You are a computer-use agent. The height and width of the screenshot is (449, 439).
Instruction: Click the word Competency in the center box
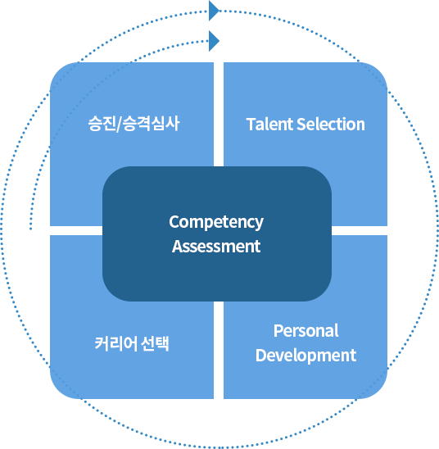coord(216,222)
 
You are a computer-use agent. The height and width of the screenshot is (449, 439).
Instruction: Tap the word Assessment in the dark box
coord(216,247)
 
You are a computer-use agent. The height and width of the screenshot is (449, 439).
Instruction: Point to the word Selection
coord(331,125)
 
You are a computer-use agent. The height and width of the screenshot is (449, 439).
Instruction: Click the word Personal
coord(306,331)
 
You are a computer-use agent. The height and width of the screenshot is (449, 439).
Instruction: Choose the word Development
coord(306,356)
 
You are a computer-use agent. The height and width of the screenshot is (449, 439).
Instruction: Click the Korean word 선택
coord(155,343)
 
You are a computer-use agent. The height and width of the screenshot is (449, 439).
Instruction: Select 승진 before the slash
coord(102,124)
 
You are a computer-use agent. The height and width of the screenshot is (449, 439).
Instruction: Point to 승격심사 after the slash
coord(151,124)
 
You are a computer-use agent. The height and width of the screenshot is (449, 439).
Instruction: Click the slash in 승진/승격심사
coord(119,125)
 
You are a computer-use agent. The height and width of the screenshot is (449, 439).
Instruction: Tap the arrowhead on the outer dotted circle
coord(214,11)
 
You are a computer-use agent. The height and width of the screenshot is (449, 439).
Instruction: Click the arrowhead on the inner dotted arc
coord(214,41)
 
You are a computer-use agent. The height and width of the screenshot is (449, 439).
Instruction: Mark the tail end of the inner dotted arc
coord(30,229)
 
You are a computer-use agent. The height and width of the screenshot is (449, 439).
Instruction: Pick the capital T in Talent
coord(251,125)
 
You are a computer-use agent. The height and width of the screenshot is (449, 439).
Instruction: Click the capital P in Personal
coord(278,331)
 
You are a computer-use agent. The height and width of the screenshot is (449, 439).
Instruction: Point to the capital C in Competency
coord(174,222)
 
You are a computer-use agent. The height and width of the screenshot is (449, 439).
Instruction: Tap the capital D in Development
coord(261,356)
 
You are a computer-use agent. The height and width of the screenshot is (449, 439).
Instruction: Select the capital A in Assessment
coord(178,247)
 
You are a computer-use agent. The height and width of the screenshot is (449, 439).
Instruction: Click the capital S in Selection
coord(301,125)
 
